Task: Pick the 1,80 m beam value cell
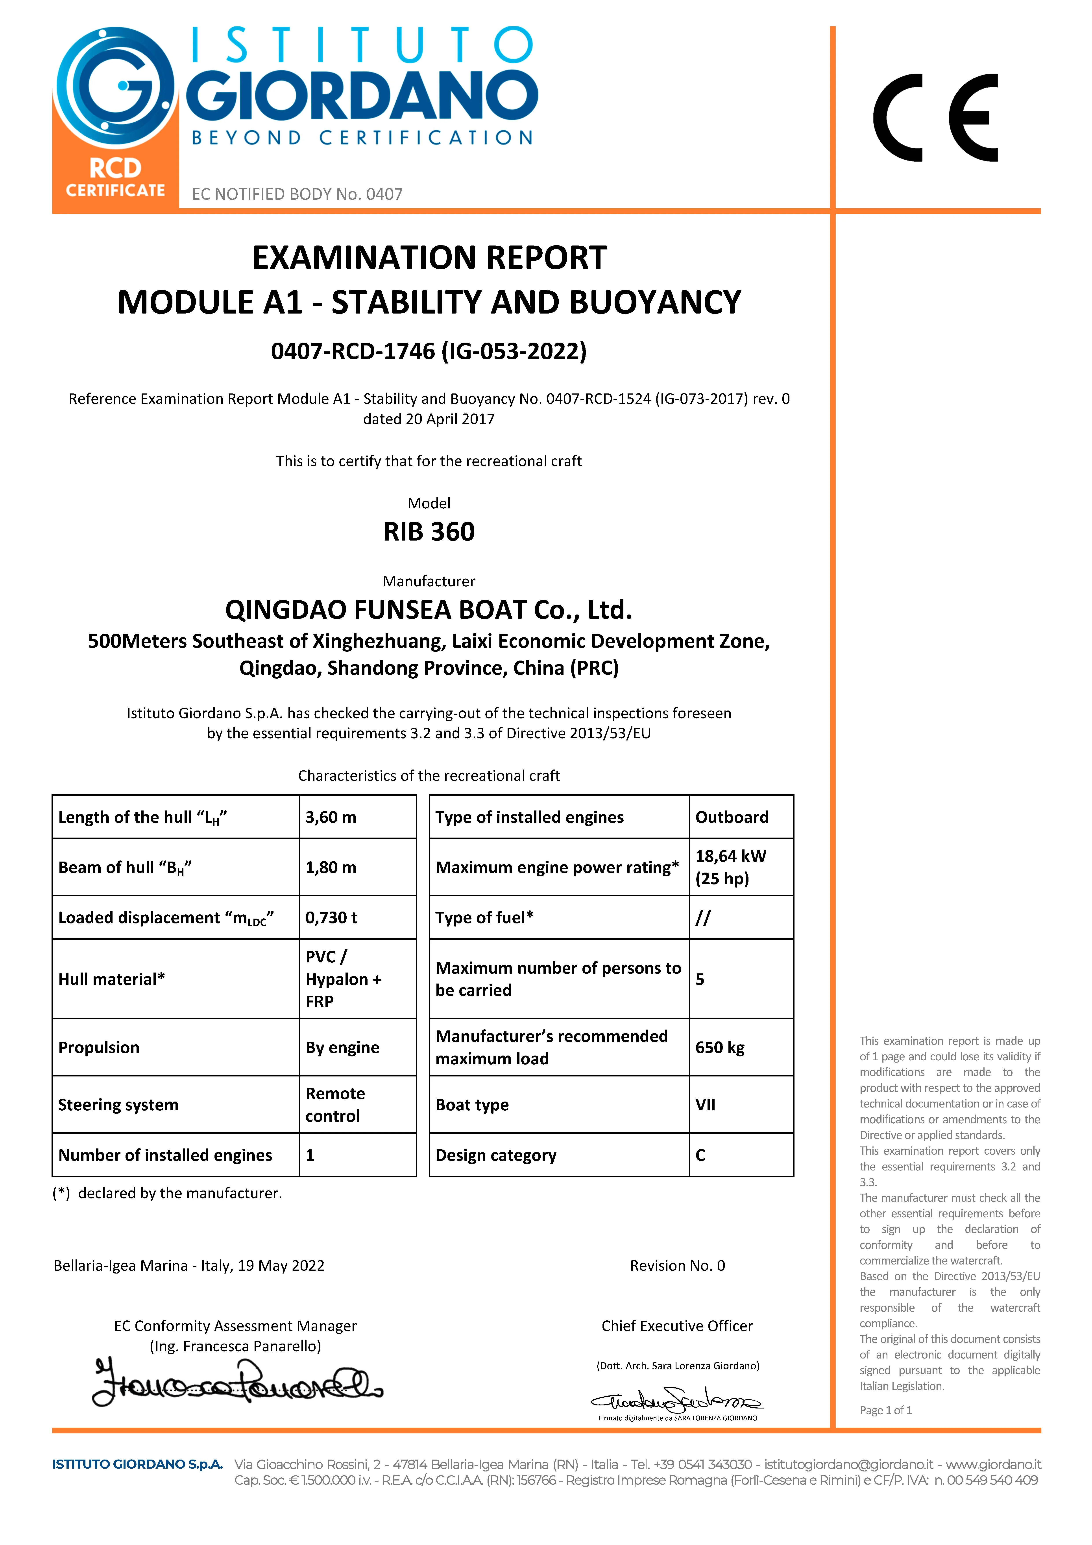(331, 867)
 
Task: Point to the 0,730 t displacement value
(331, 918)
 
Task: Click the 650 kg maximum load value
(720, 1048)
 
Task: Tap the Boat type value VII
(705, 1105)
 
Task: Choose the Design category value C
(700, 1155)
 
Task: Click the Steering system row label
(118, 1105)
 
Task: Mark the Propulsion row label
(99, 1048)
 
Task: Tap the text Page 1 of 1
(885, 1410)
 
